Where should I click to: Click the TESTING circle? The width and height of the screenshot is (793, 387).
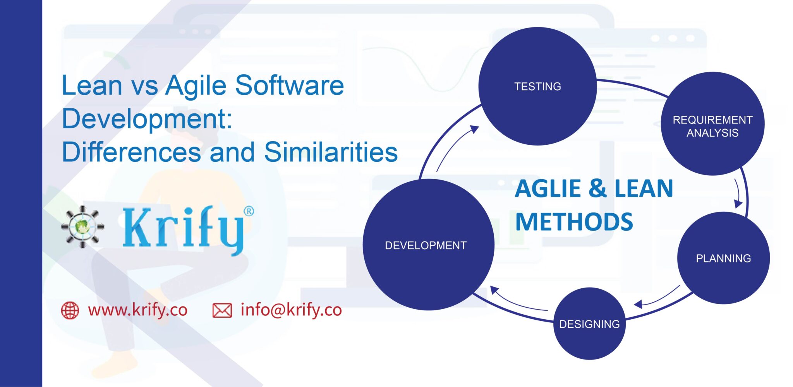pyautogui.click(x=537, y=86)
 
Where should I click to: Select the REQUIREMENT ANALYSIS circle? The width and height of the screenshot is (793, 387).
pyautogui.click(x=712, y=124)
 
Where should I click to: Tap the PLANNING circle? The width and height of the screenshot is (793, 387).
pyautogui.click(x=723, y=258)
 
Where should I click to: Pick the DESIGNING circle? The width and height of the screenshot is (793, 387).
pyautogui.click(x=589, y=324)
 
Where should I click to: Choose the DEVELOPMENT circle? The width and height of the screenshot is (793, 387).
pyautogui.click(x=428, y=245)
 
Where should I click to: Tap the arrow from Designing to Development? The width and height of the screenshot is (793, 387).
pyautogui.click(x=517, y=302)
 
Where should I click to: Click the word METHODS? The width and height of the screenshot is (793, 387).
pyautogui.click(x=574, y=222)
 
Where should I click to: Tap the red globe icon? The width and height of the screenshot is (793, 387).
pyautogui.click(x=70, y=310)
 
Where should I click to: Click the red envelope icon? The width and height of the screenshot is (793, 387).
pyautogui.click(x=222, y=310)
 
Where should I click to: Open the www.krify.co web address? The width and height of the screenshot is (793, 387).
pyautogui.click(x=137, y=310)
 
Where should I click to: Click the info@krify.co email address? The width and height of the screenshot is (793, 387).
pyautogui.click(x=291, y=310)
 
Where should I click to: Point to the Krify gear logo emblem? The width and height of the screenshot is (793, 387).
pyautogui.click(x=82, y=226)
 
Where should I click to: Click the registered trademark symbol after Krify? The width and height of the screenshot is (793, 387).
pyautogui.click(x=249, y=211)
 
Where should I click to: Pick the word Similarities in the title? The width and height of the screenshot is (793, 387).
pyautogui.click(x=331, y=152)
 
